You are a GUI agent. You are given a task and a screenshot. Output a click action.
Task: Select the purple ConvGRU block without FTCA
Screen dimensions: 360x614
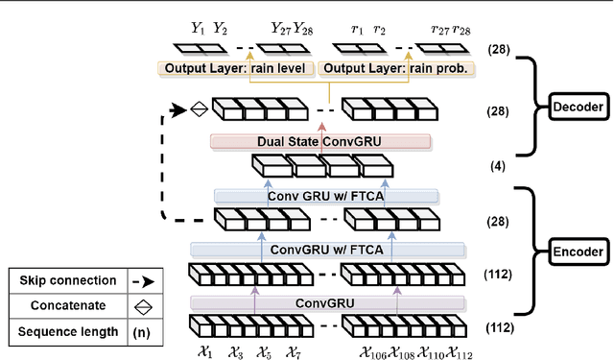pos(326,303)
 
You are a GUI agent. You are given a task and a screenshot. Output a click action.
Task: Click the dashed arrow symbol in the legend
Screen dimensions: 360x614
pos(140,281)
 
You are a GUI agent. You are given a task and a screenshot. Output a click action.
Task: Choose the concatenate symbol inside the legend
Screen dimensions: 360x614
pos(140,307)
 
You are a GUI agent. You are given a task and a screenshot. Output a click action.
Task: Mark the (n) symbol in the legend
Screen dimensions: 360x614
pos(140,332)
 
